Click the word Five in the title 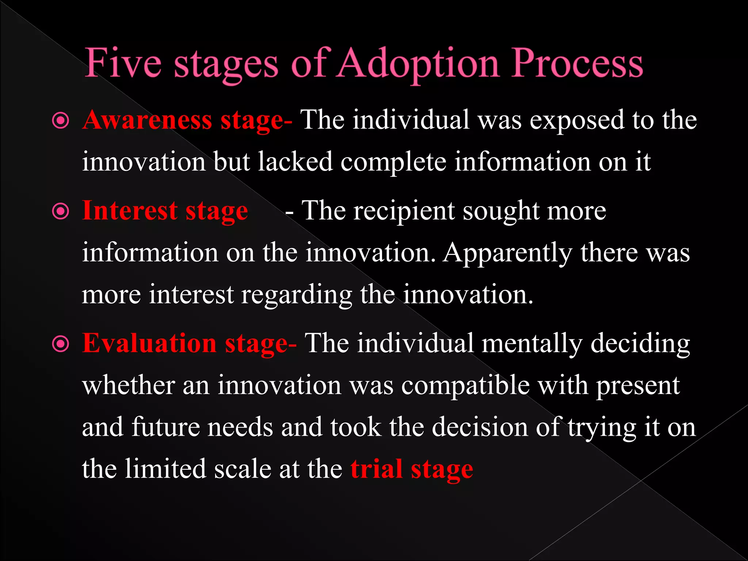pos(123,63)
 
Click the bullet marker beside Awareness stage pos(61,121)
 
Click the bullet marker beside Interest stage pos(61,211)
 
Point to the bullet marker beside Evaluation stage pos(61,344)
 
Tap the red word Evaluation pos(149,343)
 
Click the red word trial pos(377,469)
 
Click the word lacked pos(295,161)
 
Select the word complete pos(393,162)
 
